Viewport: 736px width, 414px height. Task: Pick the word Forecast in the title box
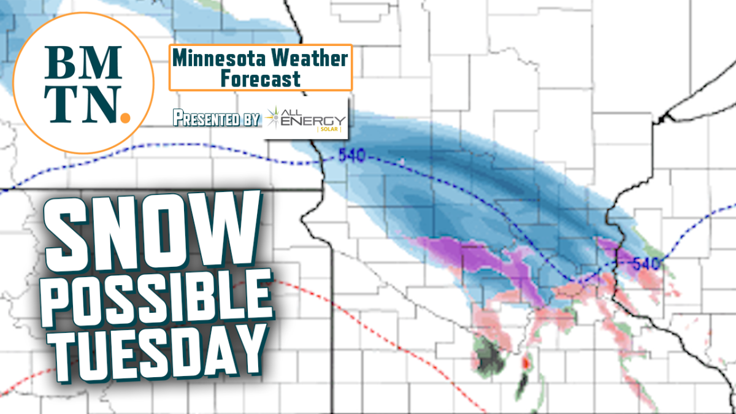point(261,79)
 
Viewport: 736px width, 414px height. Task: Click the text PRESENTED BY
point(216,118)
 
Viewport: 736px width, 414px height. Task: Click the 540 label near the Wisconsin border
point(645,264)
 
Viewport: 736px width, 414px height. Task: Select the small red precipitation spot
point(525,362)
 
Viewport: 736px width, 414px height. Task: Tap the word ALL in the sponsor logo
point(305,110)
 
